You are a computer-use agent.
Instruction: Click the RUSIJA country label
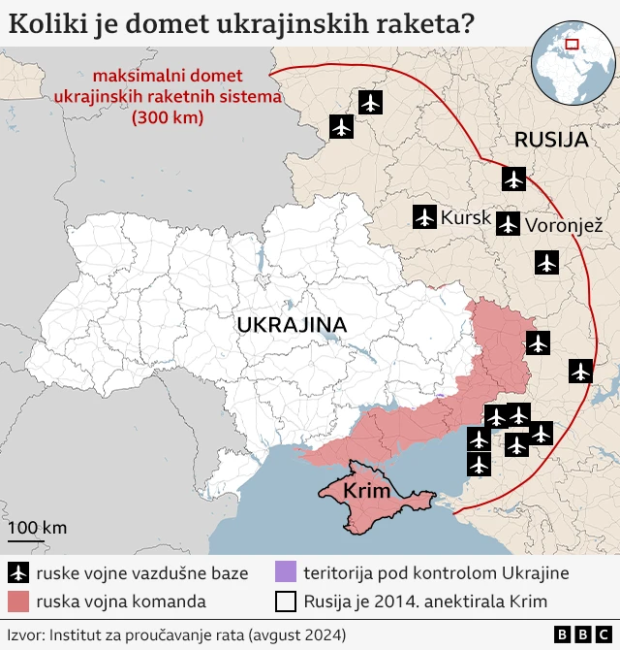551,140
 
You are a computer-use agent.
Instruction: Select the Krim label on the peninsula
366,492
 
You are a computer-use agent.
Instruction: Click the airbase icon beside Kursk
424,217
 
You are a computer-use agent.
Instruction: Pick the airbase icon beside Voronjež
508,225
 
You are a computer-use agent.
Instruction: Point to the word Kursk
465,218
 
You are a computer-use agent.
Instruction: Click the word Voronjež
564,226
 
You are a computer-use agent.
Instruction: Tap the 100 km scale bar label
38,528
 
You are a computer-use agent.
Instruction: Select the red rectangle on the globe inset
572,43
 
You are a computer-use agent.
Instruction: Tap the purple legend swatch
285,572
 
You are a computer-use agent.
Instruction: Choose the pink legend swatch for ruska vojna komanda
17,601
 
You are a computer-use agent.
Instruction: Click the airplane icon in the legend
17,572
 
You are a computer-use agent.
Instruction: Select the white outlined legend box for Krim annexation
285,601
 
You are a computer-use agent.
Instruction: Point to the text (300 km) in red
167,119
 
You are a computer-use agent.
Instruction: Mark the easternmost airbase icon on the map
581,370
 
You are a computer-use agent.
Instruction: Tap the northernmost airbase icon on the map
370,102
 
